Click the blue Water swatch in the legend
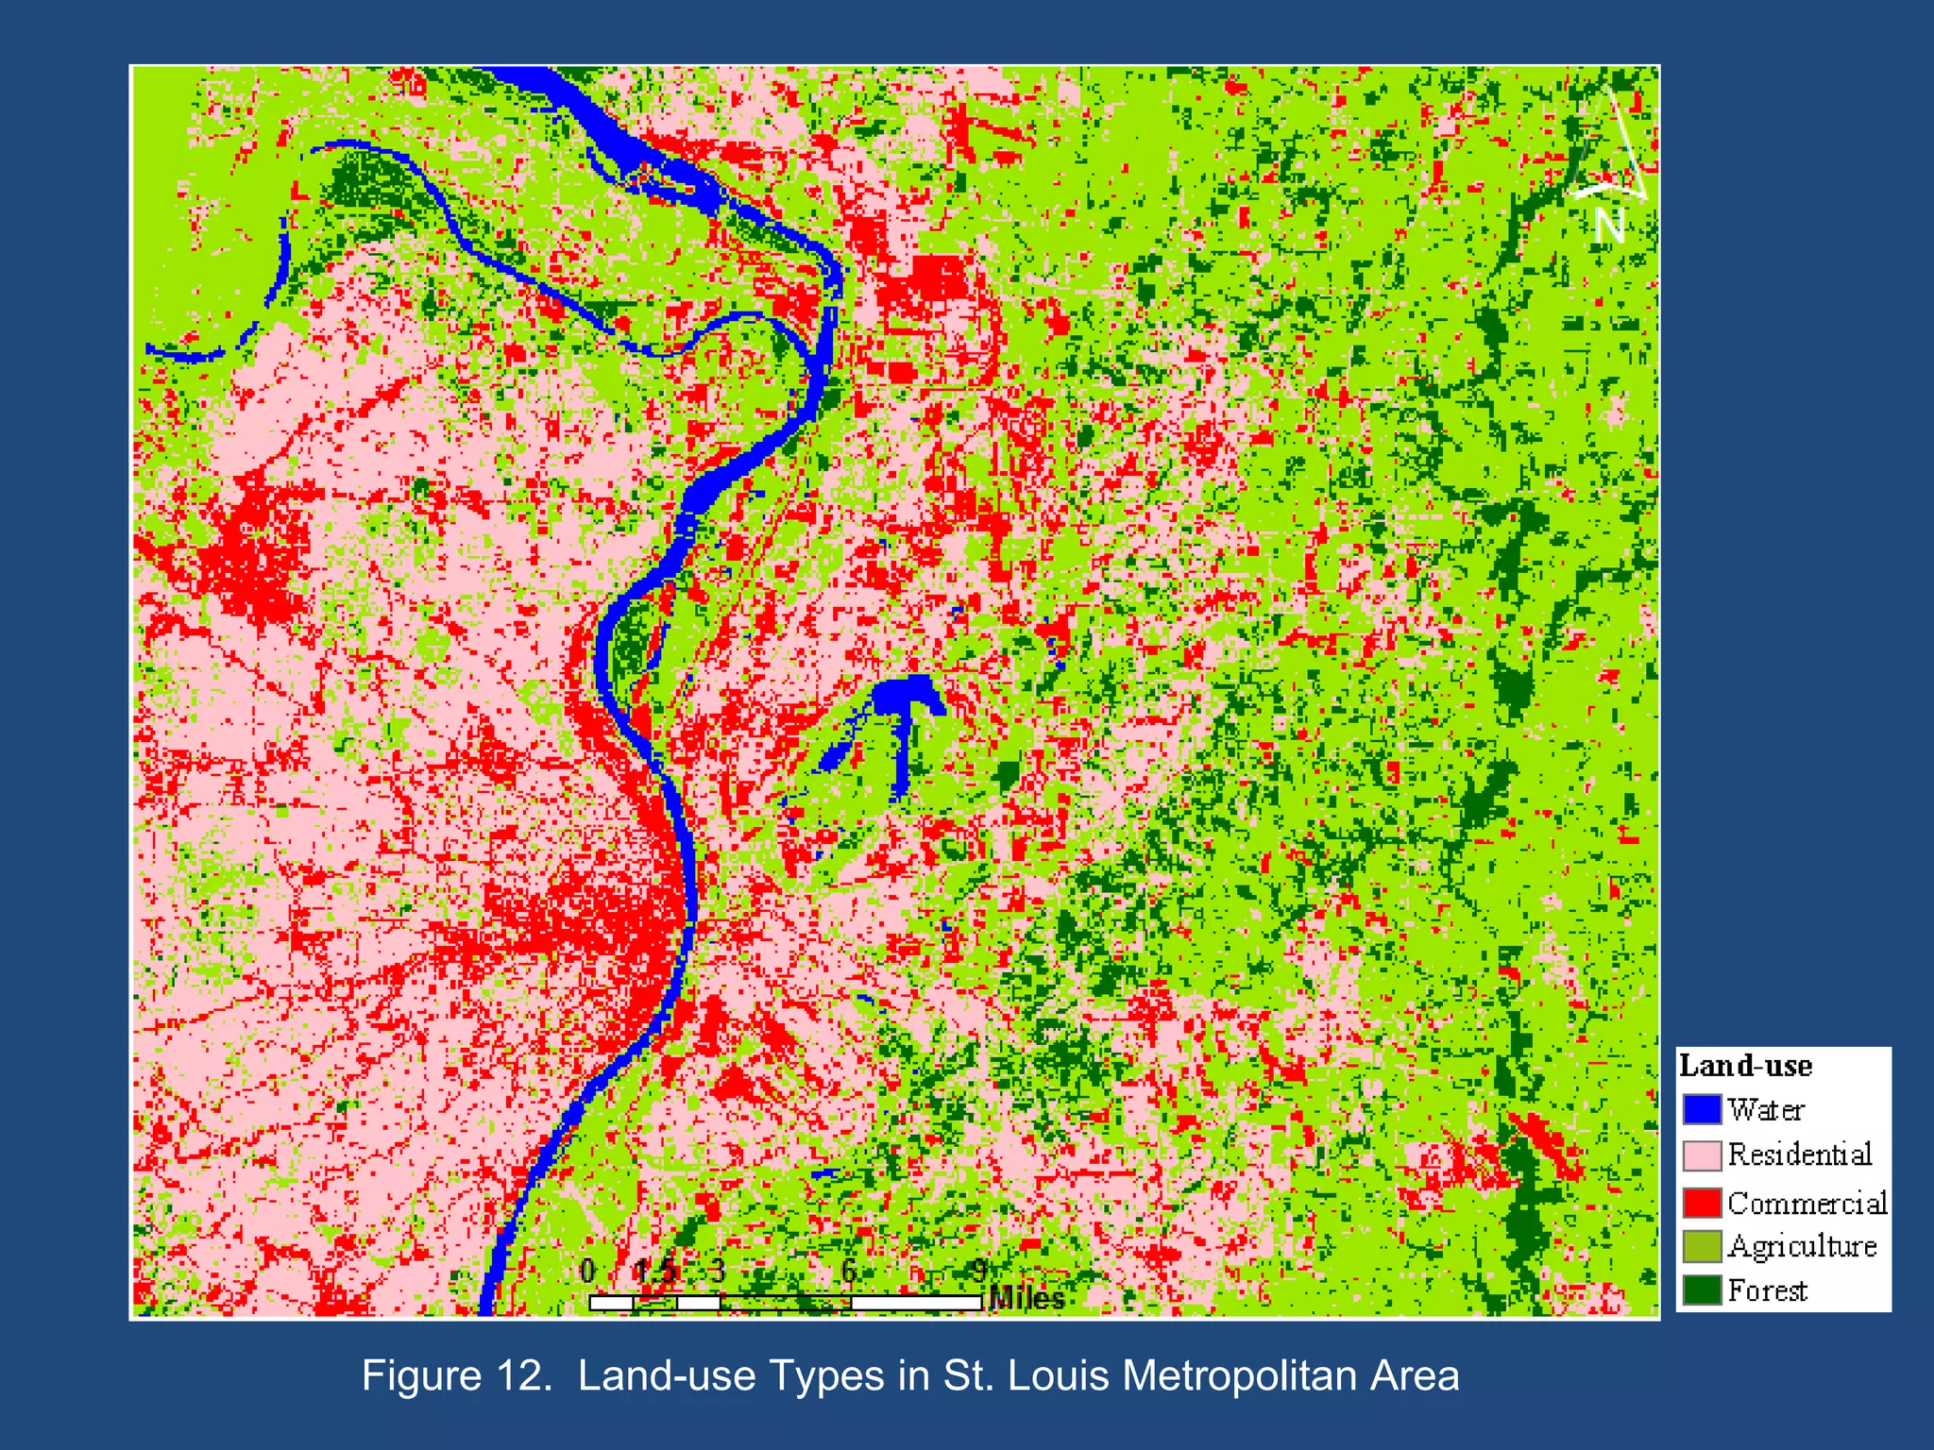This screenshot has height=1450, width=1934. pyautogui.click(x=1702, y=1109)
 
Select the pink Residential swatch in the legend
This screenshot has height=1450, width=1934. pyautogui.click(x=1702, y=1155)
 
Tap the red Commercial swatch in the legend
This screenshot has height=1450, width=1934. pyautogui.click(x=1702, y=1203)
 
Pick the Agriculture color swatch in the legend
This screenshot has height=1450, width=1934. pyautogui.click(x=1702, y=1246)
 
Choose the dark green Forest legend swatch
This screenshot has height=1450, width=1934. pyautogui.click(x=1702, y=1290)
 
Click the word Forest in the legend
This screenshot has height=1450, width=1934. pyautogui.click(x=1767, y=1290)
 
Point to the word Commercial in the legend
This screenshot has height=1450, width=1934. pyautogui.click(x=1807, y=1203)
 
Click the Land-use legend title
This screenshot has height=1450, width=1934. pyautogui.click(x=1745, y=1066)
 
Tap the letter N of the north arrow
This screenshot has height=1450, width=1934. pyautogui.click(x=1609, y=225)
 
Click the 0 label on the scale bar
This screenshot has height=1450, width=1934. pyautogui.click(x=587, y=1272)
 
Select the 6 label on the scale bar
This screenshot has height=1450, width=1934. pyautogui.click(x=849, y=1272)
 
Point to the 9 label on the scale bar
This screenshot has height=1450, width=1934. pyautogui.click(x=979, y=1272)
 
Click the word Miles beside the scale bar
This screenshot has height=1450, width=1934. pyautogui.click(x=1026, y=1299)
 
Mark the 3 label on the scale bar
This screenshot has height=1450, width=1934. pyautogui.click(x=718, y=1272)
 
